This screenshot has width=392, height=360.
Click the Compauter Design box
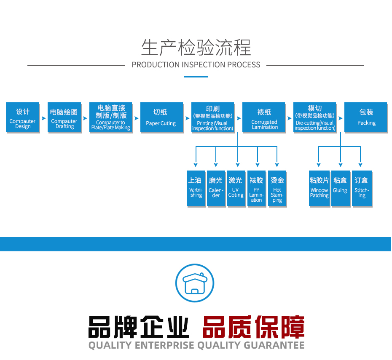click(x=23, y=117)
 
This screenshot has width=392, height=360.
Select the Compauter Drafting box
click(x=64, y=117)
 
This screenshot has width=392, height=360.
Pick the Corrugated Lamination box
click(x=264, y=117)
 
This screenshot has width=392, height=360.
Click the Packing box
click(x=366, y=117)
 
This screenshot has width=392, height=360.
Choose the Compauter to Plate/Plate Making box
click(x=110, y=117)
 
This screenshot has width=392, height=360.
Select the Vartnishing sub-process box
click(x=196, y=188)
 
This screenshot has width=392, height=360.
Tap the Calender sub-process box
click(x=216, y=188)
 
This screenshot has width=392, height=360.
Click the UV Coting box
click(x=236, y=188)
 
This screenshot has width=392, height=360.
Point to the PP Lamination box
click(x=256, y=188)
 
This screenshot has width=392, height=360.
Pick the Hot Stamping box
click(x=277, y=188)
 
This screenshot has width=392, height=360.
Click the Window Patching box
click(x=319, y=188)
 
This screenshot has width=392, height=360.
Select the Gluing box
click(x=340, y=188)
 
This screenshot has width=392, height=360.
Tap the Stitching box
click(x=362, y=188)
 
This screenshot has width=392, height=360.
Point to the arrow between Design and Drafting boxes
click(x=43, y=118)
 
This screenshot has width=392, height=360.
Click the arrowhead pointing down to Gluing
click(x=340, y=165)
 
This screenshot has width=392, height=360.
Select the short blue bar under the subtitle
click(x=196, y=77)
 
